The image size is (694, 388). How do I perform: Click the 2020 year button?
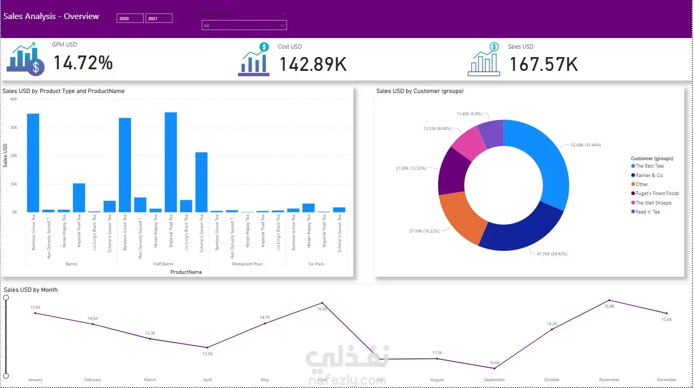[129, 19]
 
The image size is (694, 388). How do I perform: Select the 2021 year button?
[159, 19]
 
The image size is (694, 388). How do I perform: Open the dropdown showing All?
[244, 25]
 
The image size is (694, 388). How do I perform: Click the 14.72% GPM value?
[83, 63]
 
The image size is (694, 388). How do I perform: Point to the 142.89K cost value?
[313, 64]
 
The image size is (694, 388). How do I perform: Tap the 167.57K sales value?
[543, 64]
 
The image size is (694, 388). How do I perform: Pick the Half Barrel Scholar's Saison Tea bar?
[201, 182]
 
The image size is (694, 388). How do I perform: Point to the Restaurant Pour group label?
[247, 264]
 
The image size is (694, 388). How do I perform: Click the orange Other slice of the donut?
[462, 217]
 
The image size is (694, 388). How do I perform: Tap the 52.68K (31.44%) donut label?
[586, 145]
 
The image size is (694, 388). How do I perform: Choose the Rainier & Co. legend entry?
[649, 175]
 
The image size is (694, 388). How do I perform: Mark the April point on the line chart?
[207, 347]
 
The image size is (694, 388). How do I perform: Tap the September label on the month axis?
[494, 380]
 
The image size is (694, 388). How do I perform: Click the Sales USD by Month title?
[31, 290]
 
